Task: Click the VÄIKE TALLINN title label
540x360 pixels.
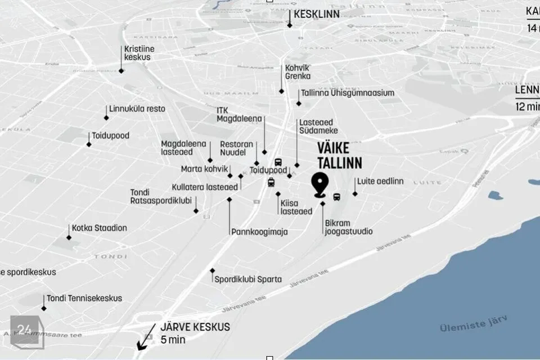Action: [x=340, y=155]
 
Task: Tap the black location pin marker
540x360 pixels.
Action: [x=321, y=185]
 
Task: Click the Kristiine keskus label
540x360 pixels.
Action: [x=139, y=53]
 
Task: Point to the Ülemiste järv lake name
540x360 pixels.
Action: [x=474, y=324]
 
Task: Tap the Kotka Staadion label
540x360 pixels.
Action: [x=99, y=228]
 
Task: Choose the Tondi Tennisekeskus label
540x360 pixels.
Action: [x=84, y=298]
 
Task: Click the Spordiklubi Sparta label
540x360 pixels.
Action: [x=248, y=279]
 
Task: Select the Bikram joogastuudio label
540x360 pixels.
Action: [x=348, y=227]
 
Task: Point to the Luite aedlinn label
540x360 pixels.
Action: [x=380, y=181]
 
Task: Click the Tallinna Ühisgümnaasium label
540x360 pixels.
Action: [x=348, y=93]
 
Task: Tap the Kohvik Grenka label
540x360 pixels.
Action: [x=298, y=71]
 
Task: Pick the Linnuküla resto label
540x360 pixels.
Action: [x=137, y=109]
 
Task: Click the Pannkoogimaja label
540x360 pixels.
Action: [x=259, y=231]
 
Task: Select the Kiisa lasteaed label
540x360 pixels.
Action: [x=296, y=207]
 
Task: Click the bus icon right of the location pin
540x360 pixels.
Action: [x=337, y=197]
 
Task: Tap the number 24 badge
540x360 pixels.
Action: [x=24, y=330]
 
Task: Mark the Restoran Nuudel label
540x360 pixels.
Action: [x=236, y=148]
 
